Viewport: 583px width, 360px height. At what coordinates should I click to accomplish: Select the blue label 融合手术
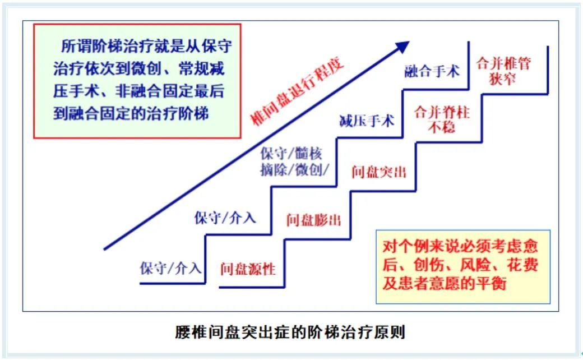pyautogui.click(x=432, y=71)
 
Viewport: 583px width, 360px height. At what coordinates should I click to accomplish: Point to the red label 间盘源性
pyautogui.click(x=248, y=269)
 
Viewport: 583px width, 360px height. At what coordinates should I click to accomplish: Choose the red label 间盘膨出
pyautogui.click(x=313, y=219)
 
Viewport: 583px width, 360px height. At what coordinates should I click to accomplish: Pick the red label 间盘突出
pyautogui.click(x=379, y=171)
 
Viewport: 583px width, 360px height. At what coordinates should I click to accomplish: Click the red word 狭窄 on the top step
pyautogui.click(x=502, y=79)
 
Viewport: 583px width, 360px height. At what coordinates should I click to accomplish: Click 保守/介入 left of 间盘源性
pyautogui.click(x=170, y=267)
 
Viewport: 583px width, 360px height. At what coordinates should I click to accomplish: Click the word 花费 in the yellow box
pyautogui.click(x=522, y=265)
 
